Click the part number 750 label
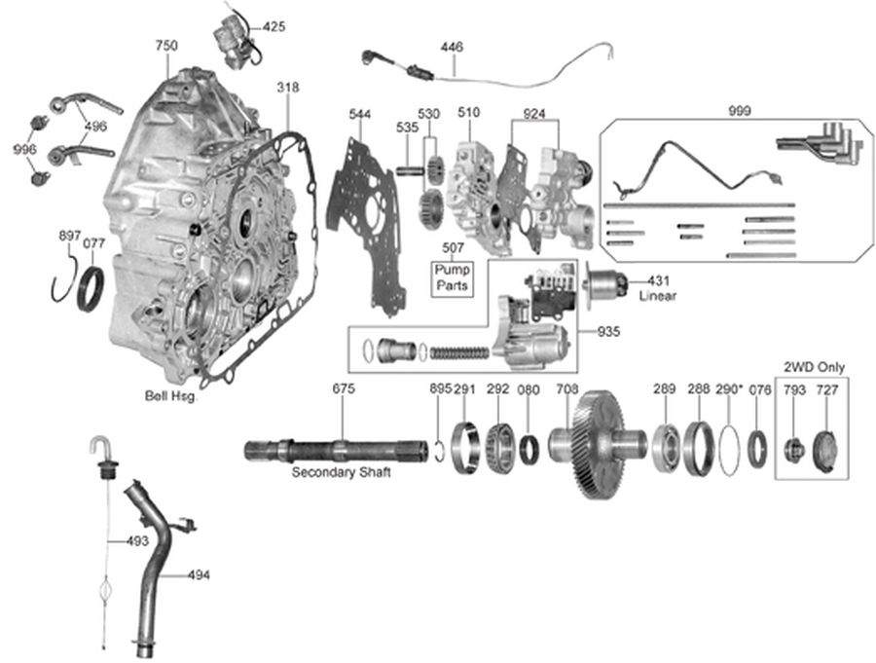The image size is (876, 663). click(166, 46)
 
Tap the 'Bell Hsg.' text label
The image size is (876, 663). click(171, 396)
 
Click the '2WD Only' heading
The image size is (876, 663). click(815, 367)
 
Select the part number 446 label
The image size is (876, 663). click(453, 46)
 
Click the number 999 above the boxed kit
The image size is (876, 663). click(739, 111)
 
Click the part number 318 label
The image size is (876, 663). click(287, 88)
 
